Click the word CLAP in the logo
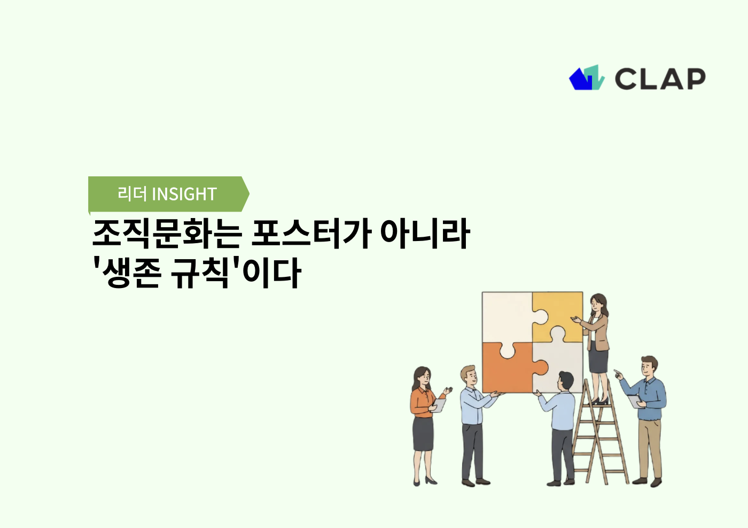[x=660, y=79]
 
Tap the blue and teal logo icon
[x=587, y=78]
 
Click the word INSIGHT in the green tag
[x=184, y=194]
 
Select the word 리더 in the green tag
[x=132, y=194]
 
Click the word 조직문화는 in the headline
[x=167, y=234]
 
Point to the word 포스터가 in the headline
[x=311, y=234]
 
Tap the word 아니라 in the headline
[x=425, y=234]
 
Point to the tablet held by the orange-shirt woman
[x=439, y=405]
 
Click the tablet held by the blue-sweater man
[x=634, y=401]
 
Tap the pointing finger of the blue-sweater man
[x=617, y=372]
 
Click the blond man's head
[x=469, y=376]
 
